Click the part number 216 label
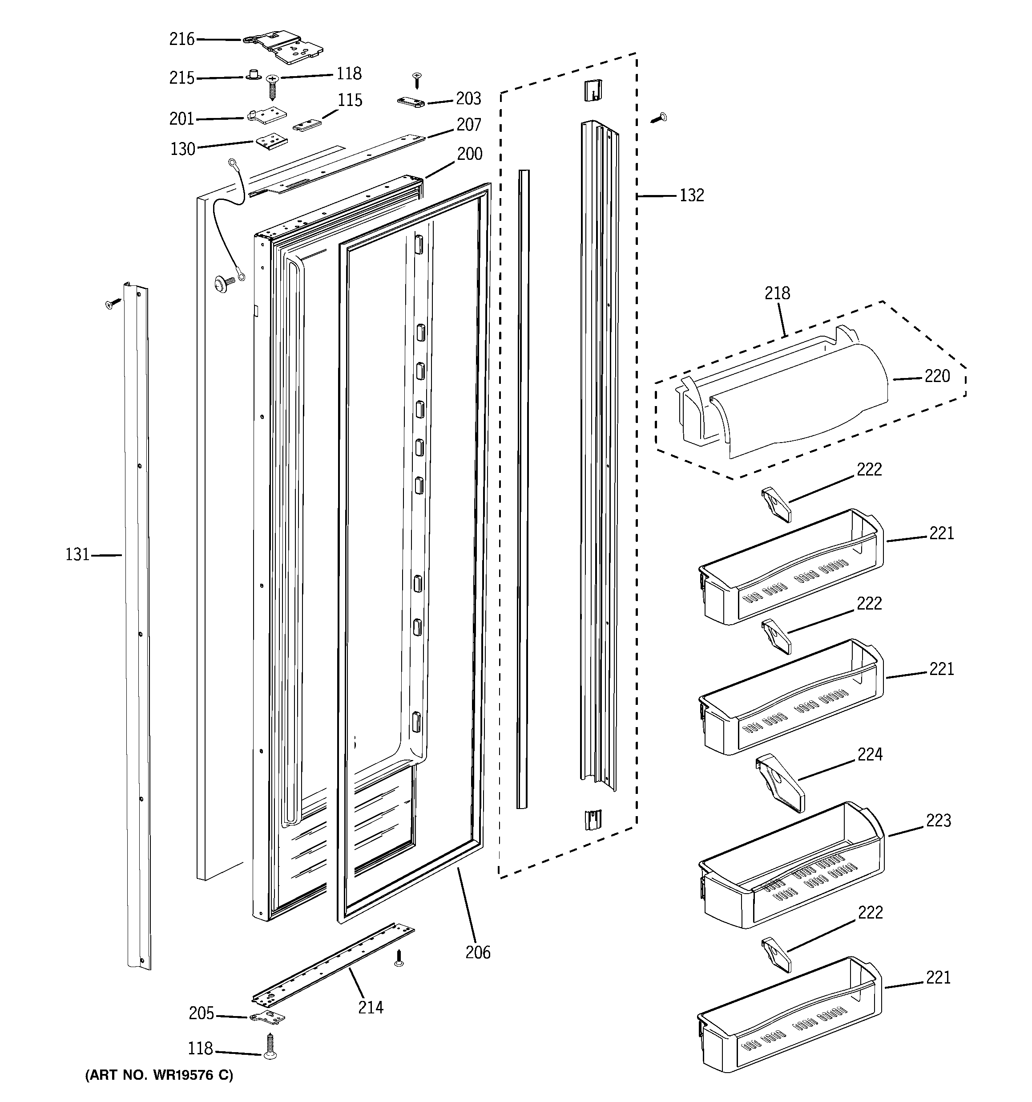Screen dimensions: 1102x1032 tap(181, 39)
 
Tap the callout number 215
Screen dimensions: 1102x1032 tap(181, 78)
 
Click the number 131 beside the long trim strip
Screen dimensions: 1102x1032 tap(77, 554)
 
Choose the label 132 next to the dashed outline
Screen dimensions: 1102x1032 tap(691, 195)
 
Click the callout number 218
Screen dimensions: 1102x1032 tap(777, 293)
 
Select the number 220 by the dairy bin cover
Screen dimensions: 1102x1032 tap(937, 376)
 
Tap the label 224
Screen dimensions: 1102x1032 tap(870, 754)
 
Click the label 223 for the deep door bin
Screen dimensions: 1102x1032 tap(939, 821)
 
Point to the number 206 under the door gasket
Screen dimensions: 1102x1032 tap(477, 952)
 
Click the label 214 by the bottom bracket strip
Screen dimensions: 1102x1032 tap(371, 1007)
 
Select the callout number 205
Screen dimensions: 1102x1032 tap(201, 1013)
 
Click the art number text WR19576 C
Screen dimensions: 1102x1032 tap(159, 1075)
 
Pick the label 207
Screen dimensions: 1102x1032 tap(469, 125)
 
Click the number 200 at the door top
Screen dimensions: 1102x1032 tap(469, 154)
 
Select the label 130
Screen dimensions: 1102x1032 tap(183, 149)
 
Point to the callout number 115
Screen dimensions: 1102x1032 tap(350, 100)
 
